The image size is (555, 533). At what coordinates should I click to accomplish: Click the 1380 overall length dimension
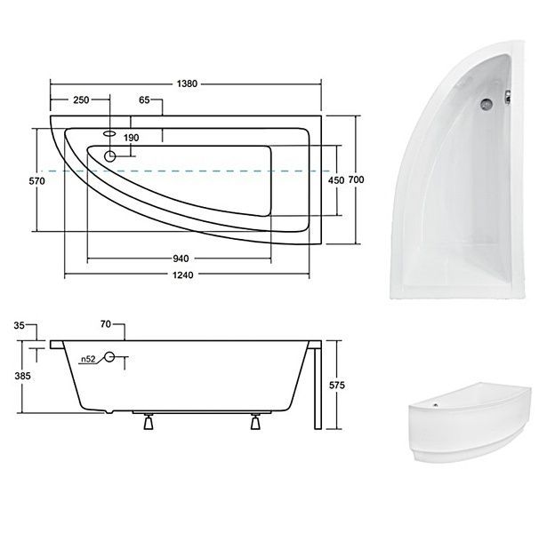[187, 84]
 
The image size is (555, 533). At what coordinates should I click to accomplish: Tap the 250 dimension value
[81, 100]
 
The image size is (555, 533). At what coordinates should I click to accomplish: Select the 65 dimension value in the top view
[144, 100]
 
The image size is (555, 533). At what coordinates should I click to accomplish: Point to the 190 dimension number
[132, 138]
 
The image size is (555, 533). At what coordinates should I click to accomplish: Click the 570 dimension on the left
[36, 181]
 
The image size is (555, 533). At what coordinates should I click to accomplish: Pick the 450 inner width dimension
[336, 180]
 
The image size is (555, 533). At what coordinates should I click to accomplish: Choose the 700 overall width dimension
[356, 179]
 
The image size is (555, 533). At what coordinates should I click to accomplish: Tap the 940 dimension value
[181, 259]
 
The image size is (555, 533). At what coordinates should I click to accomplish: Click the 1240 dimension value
[183, 275]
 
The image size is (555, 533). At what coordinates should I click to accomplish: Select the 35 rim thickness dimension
[19, 325]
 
